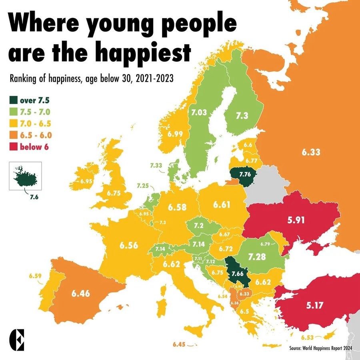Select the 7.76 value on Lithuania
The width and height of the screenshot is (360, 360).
click(x=244, y=174)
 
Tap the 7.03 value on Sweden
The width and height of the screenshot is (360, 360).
click(x=199, y=112)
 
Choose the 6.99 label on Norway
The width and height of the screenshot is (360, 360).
click(x=175, y=134)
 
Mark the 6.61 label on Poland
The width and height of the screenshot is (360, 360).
click(x=222, y=205)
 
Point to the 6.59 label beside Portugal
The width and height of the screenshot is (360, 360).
click(x=35, y=276)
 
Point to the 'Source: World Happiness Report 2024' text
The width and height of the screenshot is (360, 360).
click(x=320, y=348)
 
